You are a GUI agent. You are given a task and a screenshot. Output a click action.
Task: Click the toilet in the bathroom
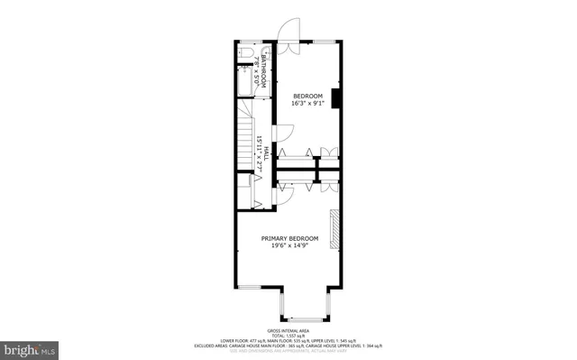click(x=245, y=60)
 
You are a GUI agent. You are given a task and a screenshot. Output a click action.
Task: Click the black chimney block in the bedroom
click(x=335, y=98)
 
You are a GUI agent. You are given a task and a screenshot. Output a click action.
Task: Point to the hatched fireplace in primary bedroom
click(x=335, y=229)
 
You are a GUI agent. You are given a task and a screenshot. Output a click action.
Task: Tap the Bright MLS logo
click(x=30, y=347)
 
